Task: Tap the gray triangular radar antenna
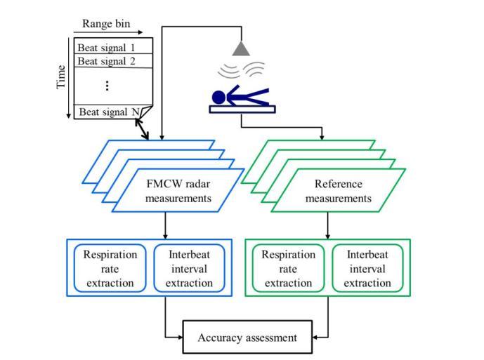coord(242,48)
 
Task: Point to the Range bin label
coord(103,23)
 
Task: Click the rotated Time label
coord(61,77)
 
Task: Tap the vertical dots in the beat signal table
coord(107,86)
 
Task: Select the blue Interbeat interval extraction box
coord(190,268)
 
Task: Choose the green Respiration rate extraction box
coord(287,268)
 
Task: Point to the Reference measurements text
coord(339,192)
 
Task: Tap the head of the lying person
coord(218,97)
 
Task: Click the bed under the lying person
coord(242,108)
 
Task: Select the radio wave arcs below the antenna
coord(242,71)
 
